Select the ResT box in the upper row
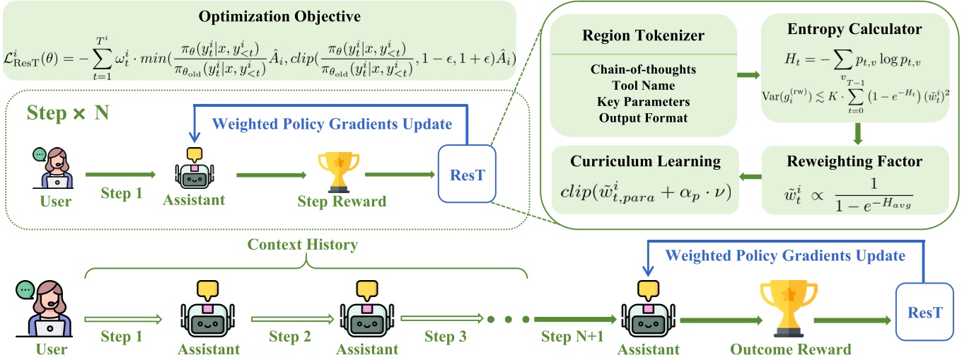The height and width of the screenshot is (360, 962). point(468,174)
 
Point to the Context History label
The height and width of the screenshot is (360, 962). point(302,245)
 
